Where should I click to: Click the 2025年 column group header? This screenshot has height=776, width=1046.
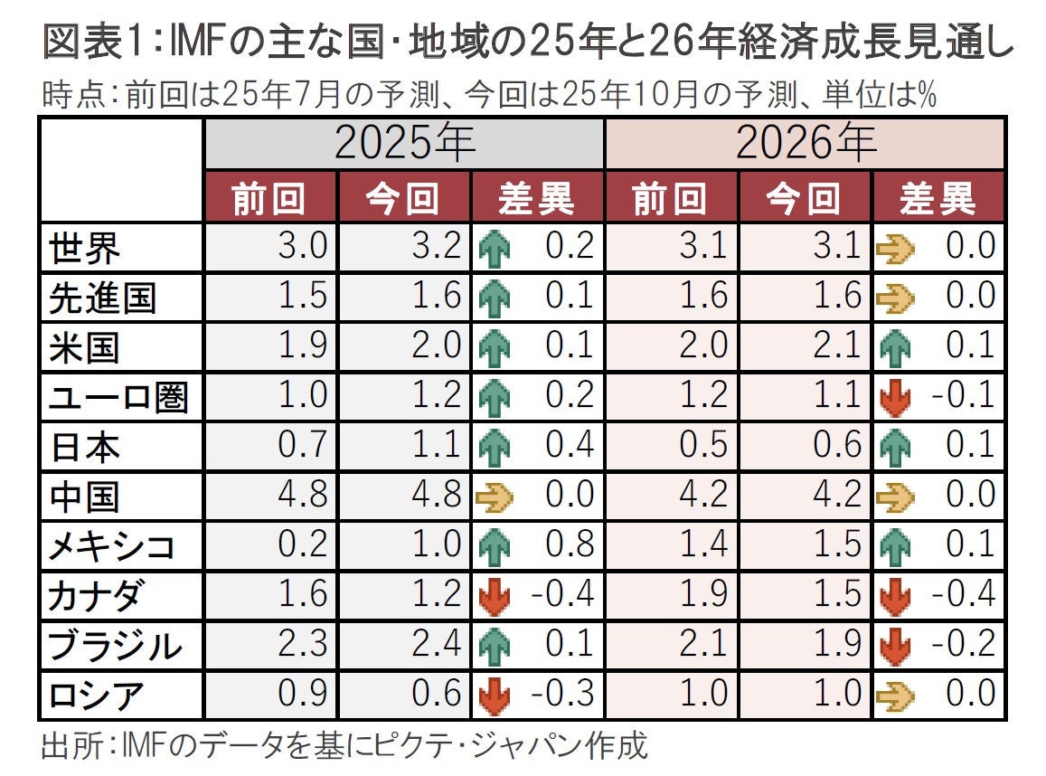coord(404,144)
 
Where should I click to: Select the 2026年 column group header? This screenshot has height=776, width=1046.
coord(804,144)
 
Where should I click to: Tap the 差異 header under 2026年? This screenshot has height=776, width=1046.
coord(938,197)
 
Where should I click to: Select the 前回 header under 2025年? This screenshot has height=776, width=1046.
coord(269,197)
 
